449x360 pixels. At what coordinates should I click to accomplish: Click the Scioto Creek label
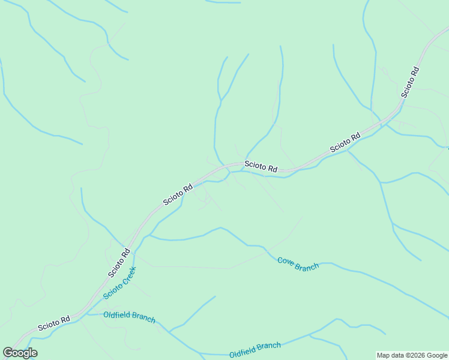pos(119,283)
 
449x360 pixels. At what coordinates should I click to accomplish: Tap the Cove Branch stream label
pos(298,264)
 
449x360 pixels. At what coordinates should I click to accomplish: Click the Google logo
pos(20,353)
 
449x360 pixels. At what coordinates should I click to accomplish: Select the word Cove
pos(286,261)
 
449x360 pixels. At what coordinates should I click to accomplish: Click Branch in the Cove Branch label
pos(307,266)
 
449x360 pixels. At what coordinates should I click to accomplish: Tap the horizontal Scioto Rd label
pos(261,167)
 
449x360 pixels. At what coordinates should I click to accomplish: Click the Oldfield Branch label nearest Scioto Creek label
pos(129,317)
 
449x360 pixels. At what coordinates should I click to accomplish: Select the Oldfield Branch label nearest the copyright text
pos(255,350)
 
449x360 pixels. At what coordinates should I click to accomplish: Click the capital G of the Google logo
pos(8,353)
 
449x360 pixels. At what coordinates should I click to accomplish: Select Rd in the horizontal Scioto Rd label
pos(272,169)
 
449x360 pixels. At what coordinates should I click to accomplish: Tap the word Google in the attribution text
pos(436,355)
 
